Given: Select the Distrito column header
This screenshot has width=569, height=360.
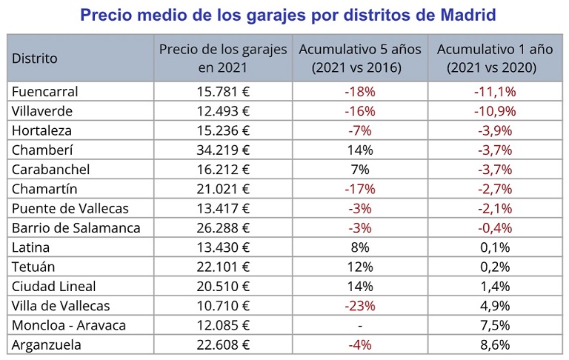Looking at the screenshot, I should [x=34, y=58].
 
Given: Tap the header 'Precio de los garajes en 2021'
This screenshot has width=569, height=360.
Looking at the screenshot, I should [x=223, y=58].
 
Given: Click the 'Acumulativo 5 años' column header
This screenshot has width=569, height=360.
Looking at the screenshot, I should [x=360, y=58].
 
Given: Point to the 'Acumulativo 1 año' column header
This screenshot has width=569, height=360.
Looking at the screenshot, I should [x=495, y=58].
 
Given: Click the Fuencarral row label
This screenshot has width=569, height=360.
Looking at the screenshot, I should [x=45, y=92].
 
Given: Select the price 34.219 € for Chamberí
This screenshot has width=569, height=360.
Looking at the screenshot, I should [x=223, y=150].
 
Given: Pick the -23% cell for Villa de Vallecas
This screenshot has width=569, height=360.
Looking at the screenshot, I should [x=360, y=305].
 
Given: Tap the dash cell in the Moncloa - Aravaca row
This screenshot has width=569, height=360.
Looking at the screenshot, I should [x=360, y=324].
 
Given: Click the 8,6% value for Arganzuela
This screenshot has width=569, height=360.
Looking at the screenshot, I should [x=495, y=344].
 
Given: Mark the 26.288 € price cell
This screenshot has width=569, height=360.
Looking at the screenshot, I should [x=223, y=227].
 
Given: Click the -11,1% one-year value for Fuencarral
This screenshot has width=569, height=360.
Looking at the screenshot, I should [x=495, y=92].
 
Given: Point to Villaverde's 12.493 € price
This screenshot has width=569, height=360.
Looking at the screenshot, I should [x=223, y=111].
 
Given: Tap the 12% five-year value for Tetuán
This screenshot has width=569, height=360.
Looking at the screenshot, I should [x=360, y=266].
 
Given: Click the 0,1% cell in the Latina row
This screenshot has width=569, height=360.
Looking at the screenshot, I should [x=495, y=247].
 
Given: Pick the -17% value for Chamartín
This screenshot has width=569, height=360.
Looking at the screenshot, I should [x=360, y=189].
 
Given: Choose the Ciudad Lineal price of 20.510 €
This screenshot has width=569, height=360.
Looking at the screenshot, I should [x=223, y=286].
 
